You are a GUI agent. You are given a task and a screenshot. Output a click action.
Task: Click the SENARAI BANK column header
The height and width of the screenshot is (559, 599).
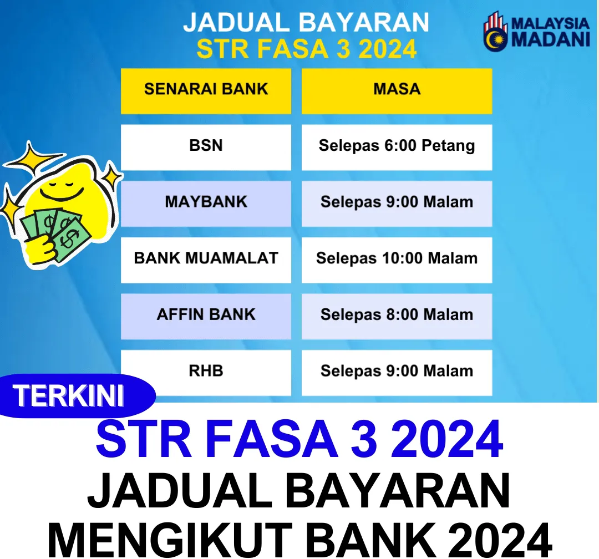point(206,91)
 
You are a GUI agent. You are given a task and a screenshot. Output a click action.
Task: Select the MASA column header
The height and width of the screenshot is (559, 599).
point(397,91)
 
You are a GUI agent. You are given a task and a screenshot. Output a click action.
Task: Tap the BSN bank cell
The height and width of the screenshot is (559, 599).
point(206,147)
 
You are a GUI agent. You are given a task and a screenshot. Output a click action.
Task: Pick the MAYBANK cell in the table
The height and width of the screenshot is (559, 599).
point(206,204)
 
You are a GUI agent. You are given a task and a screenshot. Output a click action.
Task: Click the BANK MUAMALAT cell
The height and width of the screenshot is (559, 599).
point(206,260)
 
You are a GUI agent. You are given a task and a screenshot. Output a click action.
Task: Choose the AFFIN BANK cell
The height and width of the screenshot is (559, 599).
point(206,316)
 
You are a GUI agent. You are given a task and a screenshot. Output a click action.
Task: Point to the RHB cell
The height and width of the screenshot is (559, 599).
point(206,373)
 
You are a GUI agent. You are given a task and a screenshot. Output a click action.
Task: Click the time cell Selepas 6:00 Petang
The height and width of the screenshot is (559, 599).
point(397,147)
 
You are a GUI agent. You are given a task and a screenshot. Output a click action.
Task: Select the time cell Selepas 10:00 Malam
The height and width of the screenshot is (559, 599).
point(397,260)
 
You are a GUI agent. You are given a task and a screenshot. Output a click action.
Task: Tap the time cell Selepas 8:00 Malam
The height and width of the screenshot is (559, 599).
point(397,316)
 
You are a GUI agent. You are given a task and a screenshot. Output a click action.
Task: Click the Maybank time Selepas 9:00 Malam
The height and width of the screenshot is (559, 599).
point(397,204)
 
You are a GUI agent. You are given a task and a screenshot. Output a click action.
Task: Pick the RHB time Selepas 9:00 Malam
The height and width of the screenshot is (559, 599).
point(397,373)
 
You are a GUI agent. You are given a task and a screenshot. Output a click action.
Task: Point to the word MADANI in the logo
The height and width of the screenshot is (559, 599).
point(551,39)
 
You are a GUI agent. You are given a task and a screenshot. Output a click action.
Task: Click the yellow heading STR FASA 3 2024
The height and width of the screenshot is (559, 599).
point(306,49)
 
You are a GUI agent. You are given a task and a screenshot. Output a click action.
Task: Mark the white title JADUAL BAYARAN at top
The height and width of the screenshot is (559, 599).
point(306,22)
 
